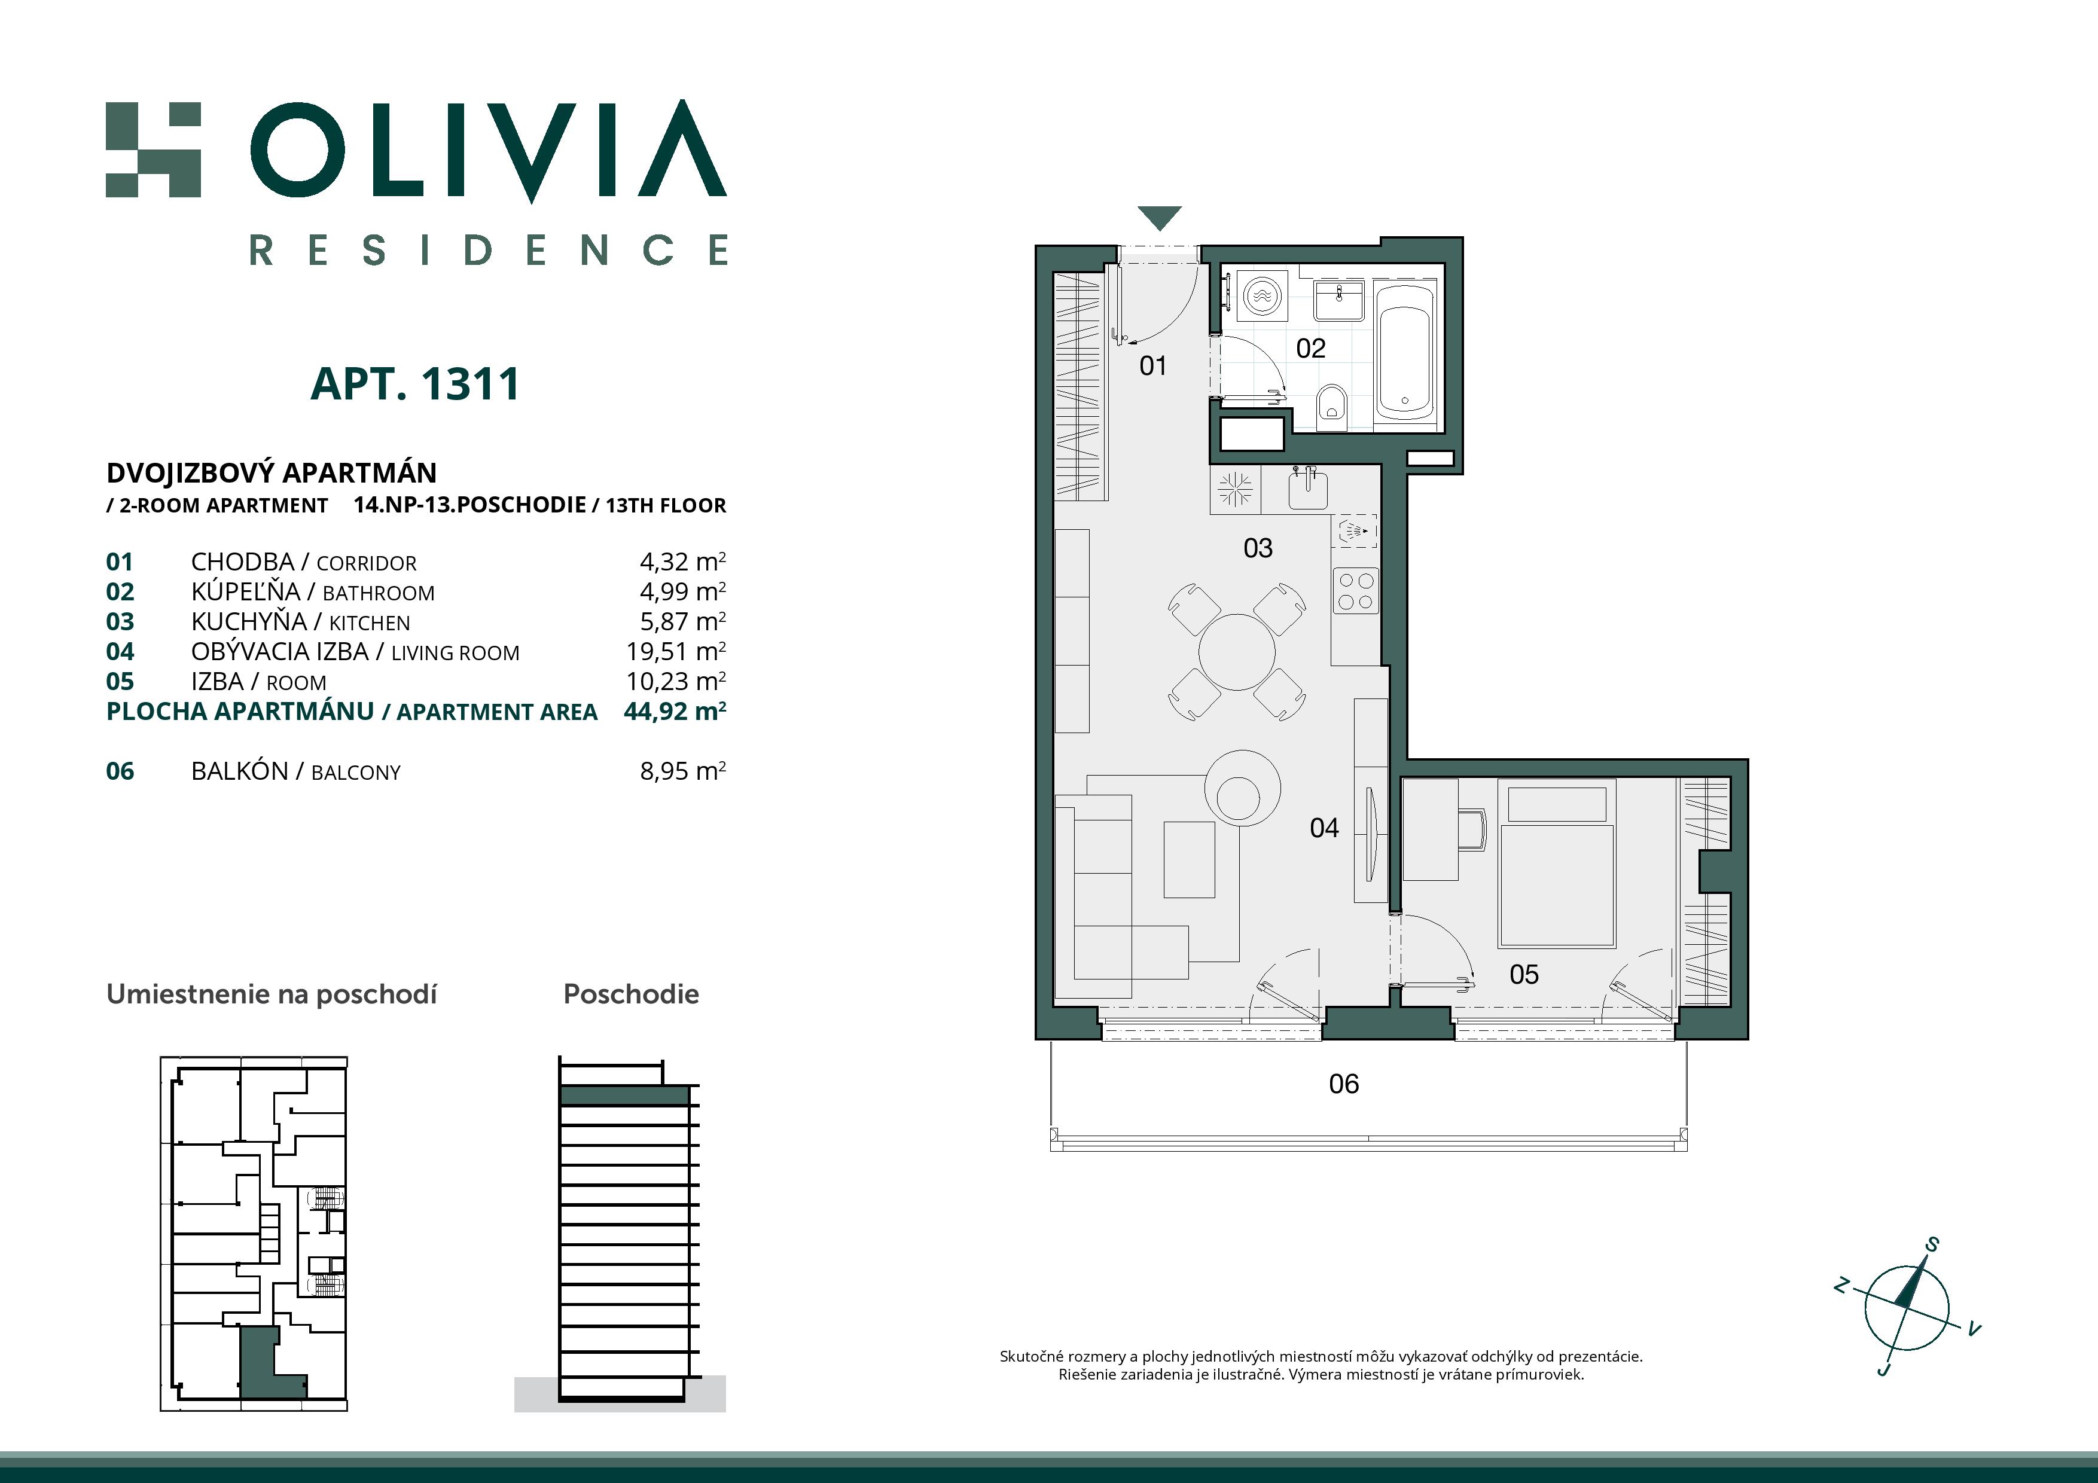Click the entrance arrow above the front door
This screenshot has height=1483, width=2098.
point(1160,218)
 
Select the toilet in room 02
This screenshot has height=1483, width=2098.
point(1333,407)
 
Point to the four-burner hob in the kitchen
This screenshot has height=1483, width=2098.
point(1354,590)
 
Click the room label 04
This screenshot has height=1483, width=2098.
point(1324,828)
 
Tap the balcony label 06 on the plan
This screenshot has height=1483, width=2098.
point(1343,1084)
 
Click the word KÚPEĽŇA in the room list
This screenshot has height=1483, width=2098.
point(245,591)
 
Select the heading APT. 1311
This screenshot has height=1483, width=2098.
point(415,384)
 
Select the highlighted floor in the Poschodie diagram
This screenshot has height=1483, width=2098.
point(624,1096)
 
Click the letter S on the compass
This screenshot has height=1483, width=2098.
point(1932,1244)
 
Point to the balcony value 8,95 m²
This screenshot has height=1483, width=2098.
point(682,771)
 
